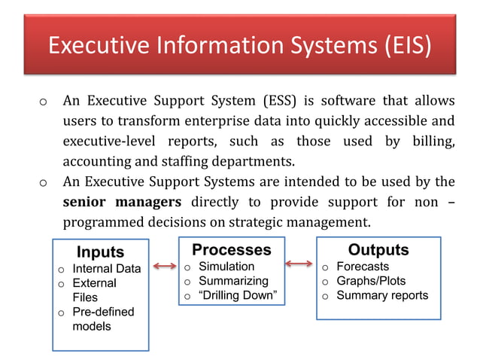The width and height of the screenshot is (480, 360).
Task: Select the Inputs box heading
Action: coord(101,252)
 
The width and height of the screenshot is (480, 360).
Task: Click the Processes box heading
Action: coord(231,249)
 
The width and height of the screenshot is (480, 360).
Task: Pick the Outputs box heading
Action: coord(378,249)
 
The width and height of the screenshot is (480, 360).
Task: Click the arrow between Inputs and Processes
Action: coord(164,265)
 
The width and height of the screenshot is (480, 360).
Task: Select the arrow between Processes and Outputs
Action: coord(299,263)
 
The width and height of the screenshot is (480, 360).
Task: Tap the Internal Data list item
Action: coord(106,269)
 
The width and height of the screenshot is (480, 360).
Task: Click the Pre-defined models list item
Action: coord(102,319)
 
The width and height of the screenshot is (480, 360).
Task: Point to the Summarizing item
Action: coord(232,281)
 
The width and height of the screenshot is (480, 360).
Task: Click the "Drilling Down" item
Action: coord(238,295)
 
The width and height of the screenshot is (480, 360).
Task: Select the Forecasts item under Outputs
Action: coord(363,267)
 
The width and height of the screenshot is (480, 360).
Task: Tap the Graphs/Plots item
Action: coord(371,281)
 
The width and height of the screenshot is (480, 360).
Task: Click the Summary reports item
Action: coord(382,295)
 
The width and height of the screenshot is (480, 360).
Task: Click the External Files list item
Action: coord(94,290)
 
